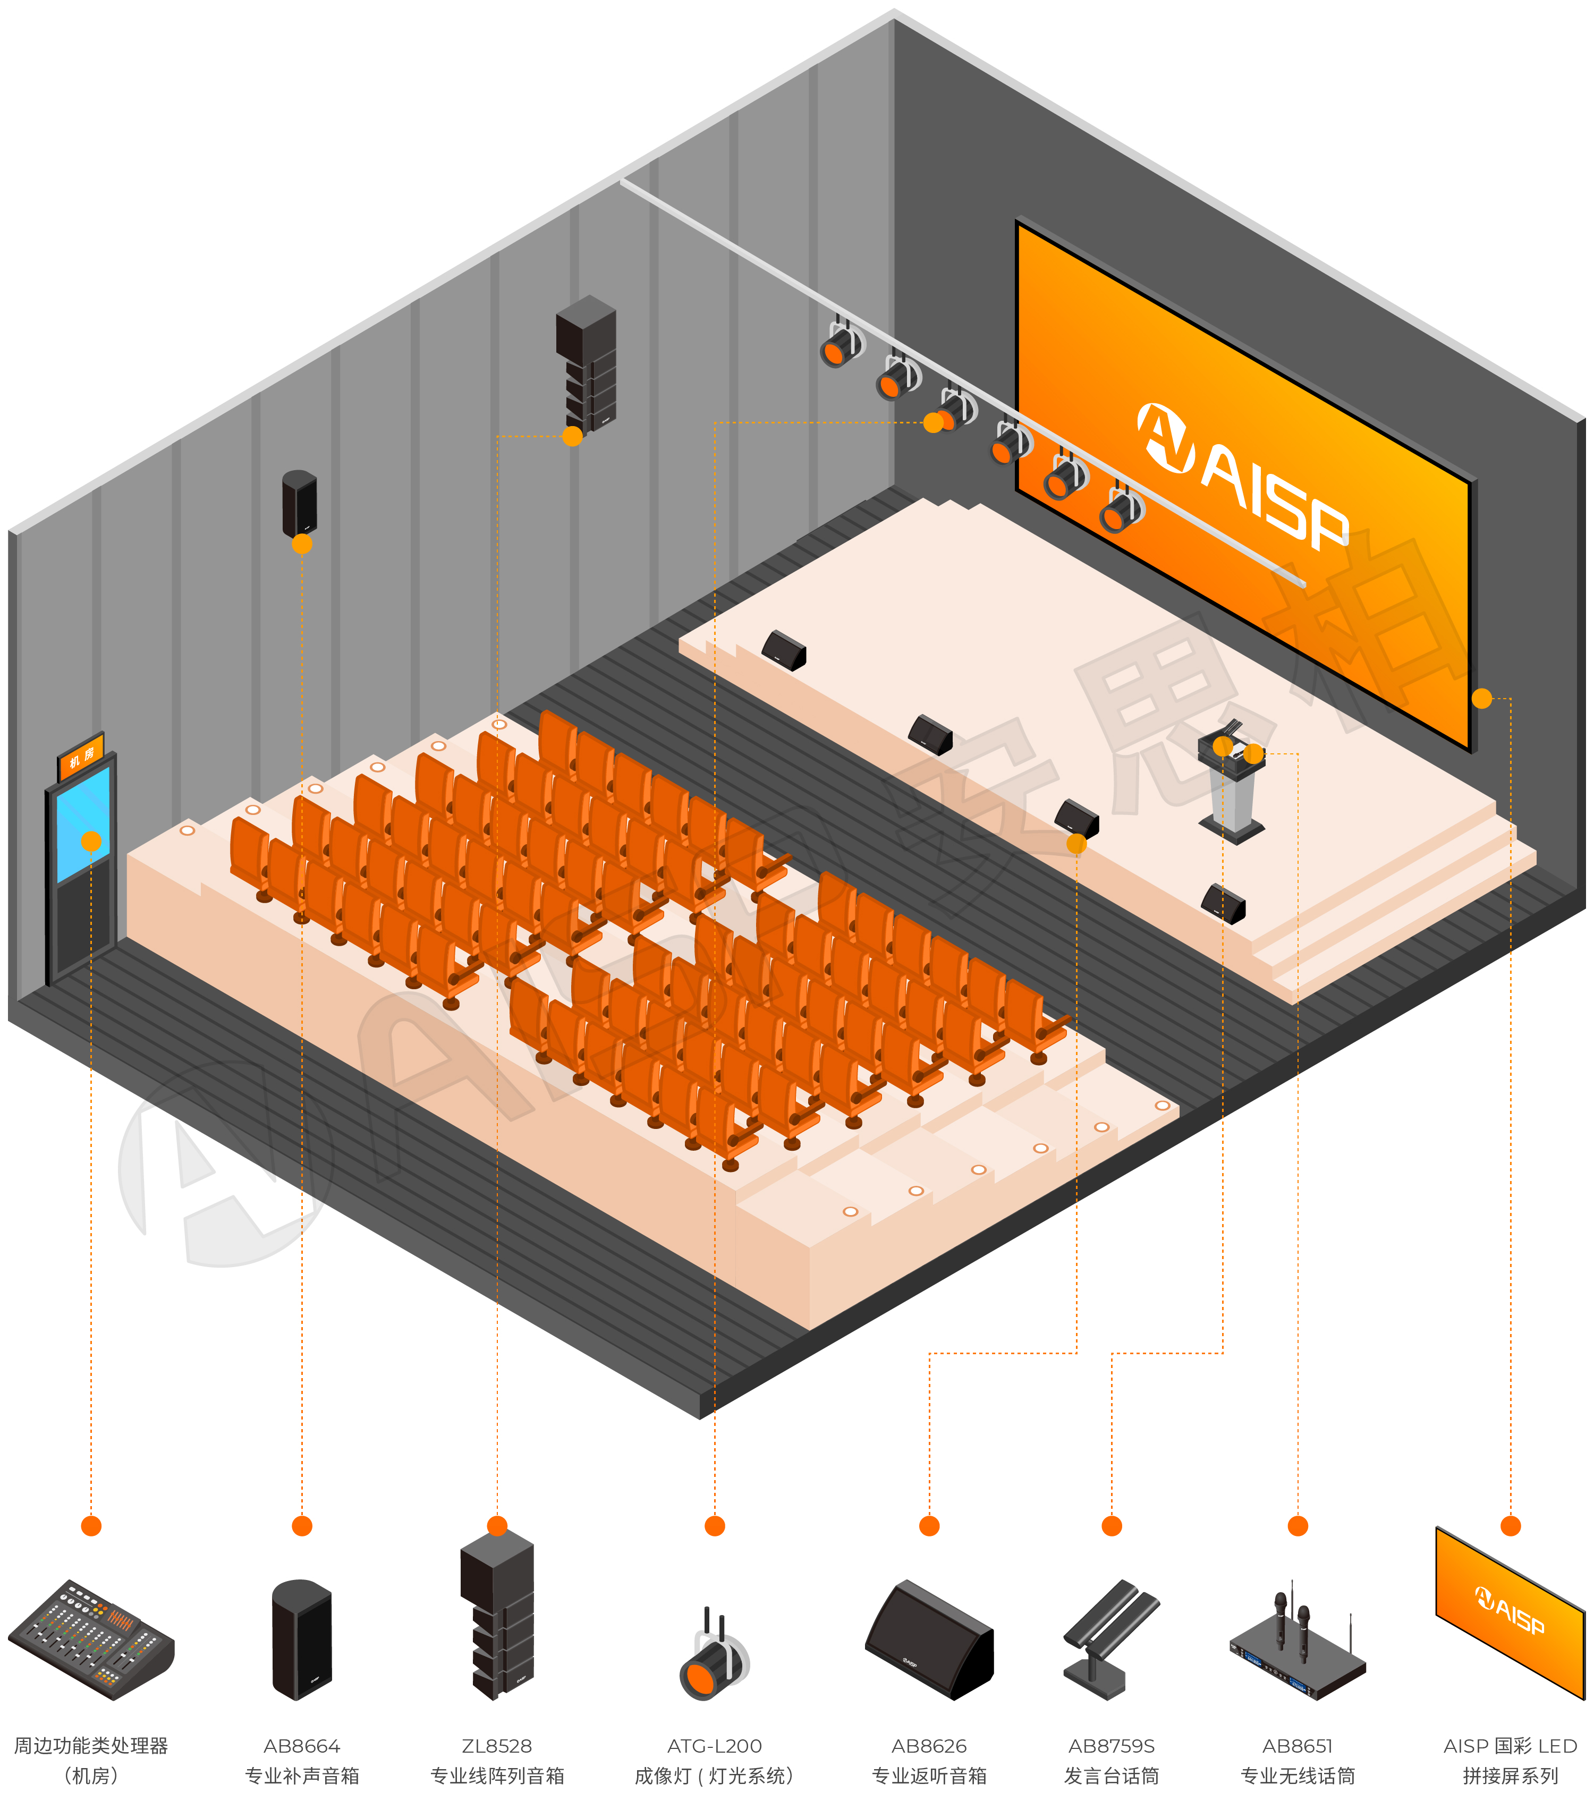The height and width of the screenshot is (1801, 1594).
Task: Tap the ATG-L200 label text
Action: (x=715, y=1746)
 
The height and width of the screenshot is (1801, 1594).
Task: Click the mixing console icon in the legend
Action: (x=91, y=1639)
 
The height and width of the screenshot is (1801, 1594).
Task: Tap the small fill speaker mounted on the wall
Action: (x=300, y=504)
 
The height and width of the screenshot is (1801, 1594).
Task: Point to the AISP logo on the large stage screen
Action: (x=1242, y=477)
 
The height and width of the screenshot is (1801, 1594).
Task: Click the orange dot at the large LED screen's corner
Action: (x=1482, y=699)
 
